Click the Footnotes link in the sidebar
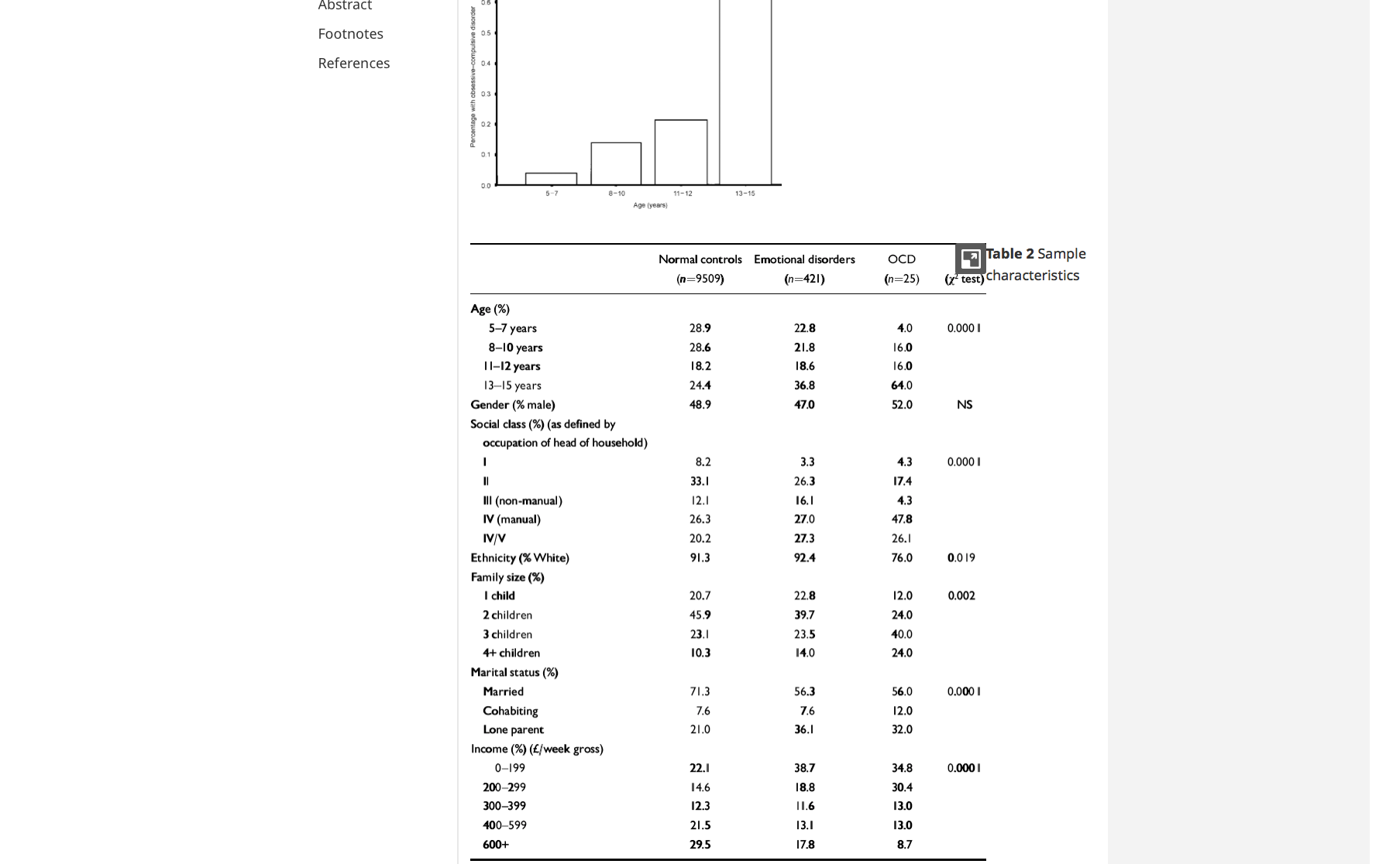pyautogui.click(x=350, y=33)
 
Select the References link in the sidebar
pyautogui.click(x=353, y=63)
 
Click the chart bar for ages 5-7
pyautogui.click(x=551, y=179)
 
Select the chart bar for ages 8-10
pyautogui.click(x=616, y=163)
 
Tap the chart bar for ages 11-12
pyautogui.click(x=681, y=152)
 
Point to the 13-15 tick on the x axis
pyautogui.click(x=745, y=194)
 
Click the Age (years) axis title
pyautogui.click(x=650, y=205)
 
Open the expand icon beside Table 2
pyautogui.click(x=970, y=259)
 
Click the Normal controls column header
pyautogui.click(x=700, y=259)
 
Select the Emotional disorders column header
pyautogui.click(x=804, y=259)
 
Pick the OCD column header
pyautogui.click(x=901, y=259)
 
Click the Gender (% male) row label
pyautogui.click(x=513, y=404)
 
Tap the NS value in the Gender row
pyautogui.click(x=964, y=404)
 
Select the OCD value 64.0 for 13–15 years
pyautogui.click(x=902, y=385)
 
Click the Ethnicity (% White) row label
pyautogui.click(x=519, y=557)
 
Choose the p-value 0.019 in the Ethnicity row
pyautogui.click(x=961, y=557)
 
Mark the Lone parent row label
pyautogui.click(x=513, y=729)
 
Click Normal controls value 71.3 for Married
pyautogui.click(x=700, y=691)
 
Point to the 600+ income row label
pyautogui.click(x=496, y=845)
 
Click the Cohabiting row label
pyautogui.click(x=510, y=711)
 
